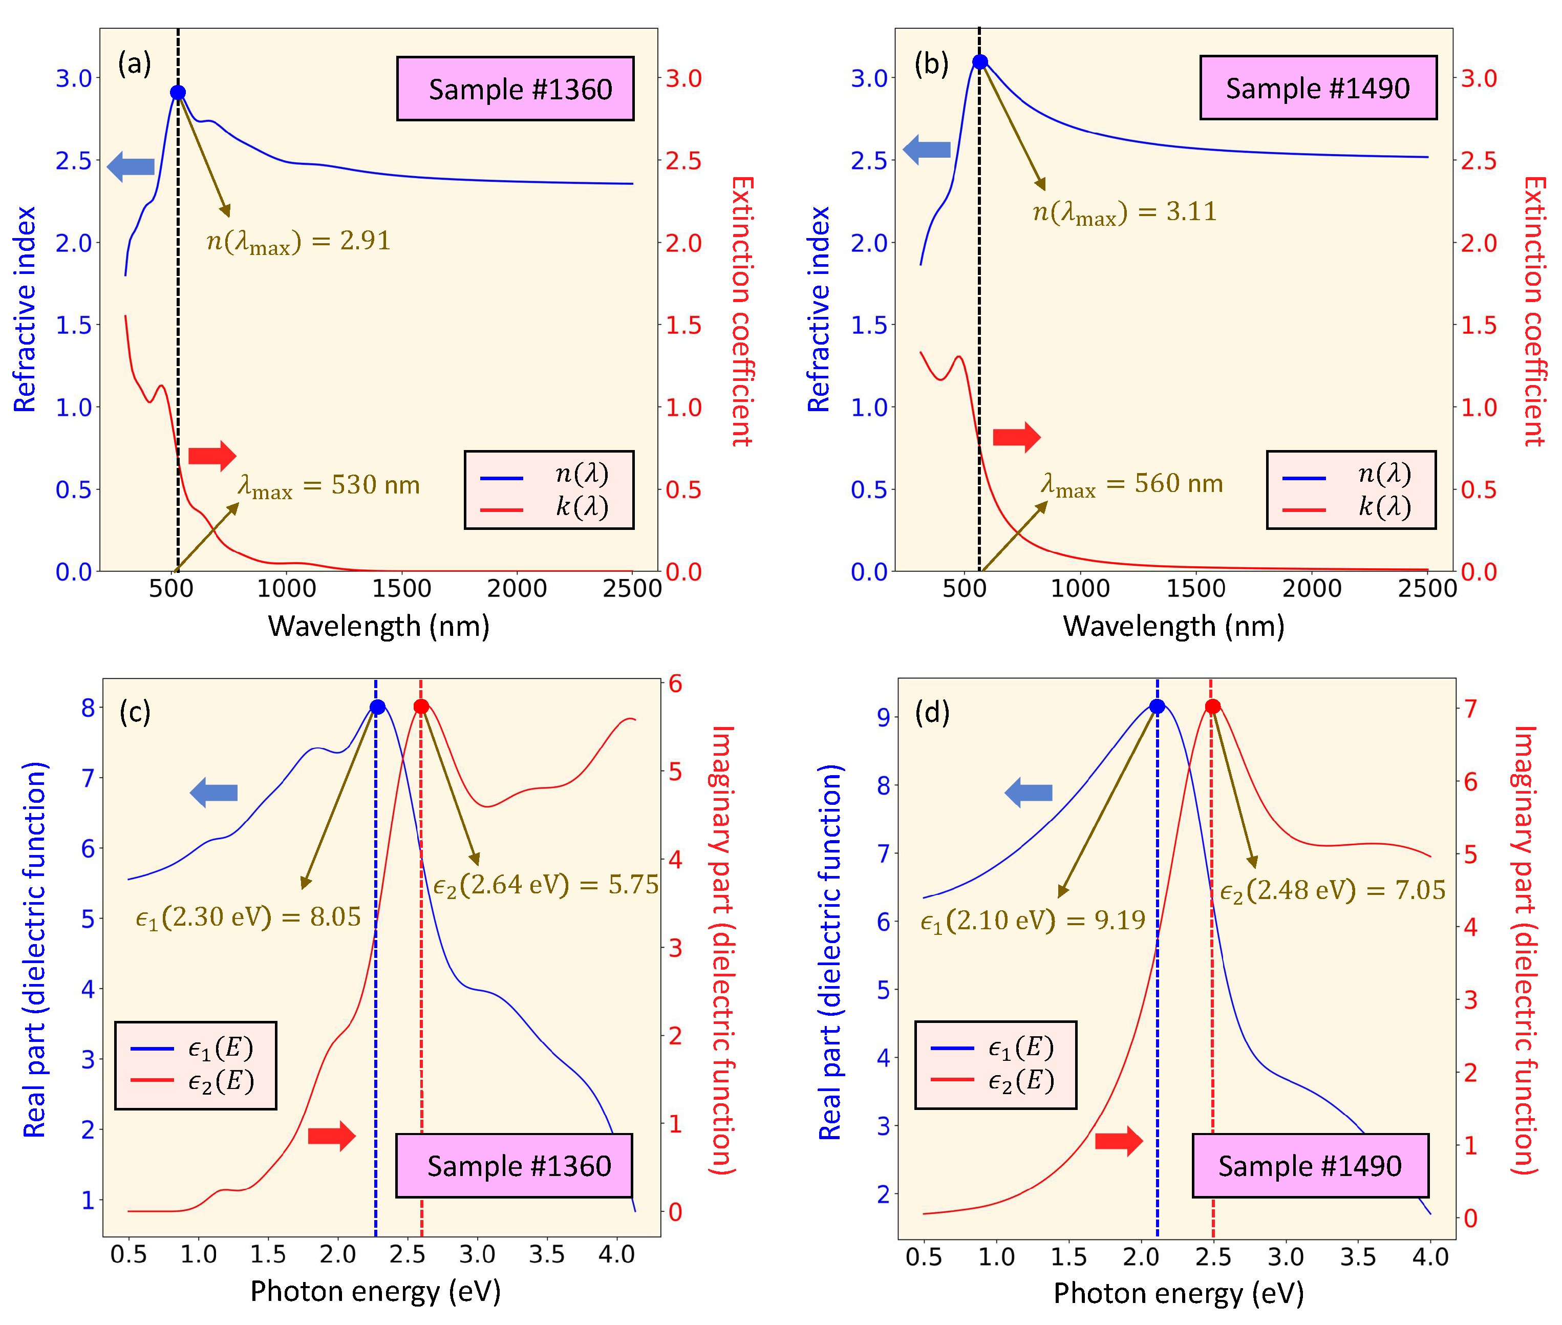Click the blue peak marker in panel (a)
click(x=178, y=92)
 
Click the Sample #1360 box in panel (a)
click(x=515, y=89)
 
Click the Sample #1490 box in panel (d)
click(x=1310, y=1166)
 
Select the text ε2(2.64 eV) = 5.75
click(x=546, y=885)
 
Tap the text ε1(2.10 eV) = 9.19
click(x=1033, y=920)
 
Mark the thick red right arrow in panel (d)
click(x=1118, y=1142)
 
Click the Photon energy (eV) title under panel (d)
click(x=1178, y=1293)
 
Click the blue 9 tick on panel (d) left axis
click(x=883, y=717)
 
